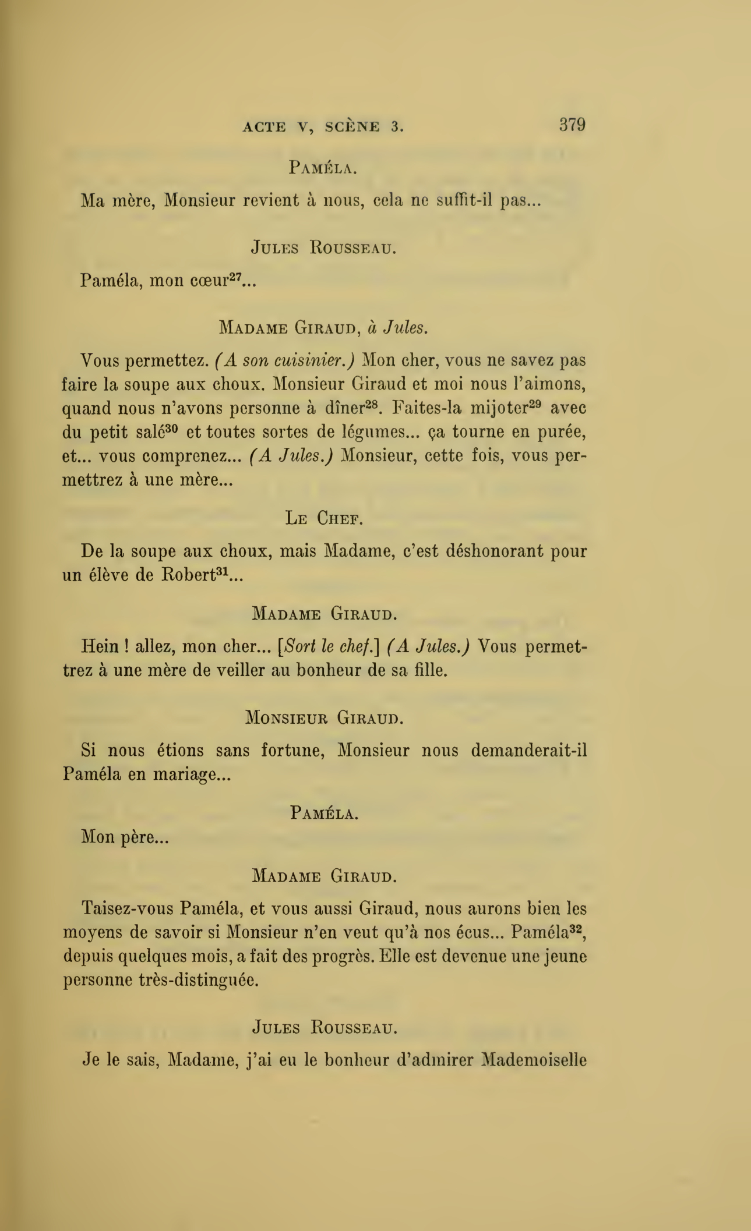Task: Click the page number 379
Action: [x=572, y=125]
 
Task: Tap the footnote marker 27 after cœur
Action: [x=235, y=276]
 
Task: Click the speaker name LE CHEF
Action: [x=324, y=518]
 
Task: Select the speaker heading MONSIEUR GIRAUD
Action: [x=325, y=717]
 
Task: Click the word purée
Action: [x=559, y=433]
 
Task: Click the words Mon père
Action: [x=125, y=837]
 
